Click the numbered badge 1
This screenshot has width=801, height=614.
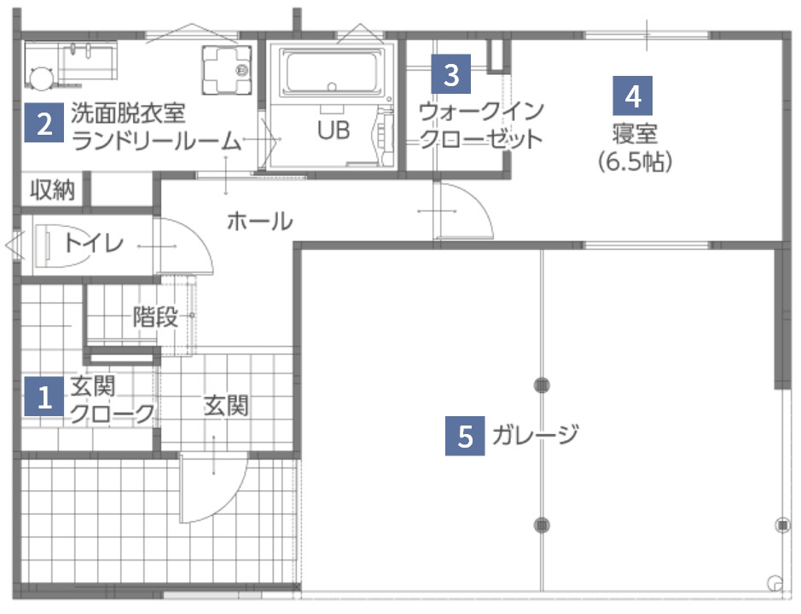tap(44, 396)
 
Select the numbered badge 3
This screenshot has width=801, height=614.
tap(450, 73)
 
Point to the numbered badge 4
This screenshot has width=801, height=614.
tap(632, 96)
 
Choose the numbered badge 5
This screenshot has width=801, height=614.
tap(466, 436)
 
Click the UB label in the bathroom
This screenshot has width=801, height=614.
tap(334, 132)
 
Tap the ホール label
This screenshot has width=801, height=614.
tap(259, 222)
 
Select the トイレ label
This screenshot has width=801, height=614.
tap(93, 244)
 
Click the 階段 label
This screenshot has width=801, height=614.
tap(155, 317)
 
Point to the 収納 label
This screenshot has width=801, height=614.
tap(53, 189)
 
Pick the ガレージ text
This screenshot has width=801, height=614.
tap(536, 435)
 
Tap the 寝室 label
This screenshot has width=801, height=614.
tap(633, 135)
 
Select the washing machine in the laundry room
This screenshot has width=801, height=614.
tap(227, 67)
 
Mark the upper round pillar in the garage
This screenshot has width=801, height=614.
tap(542, 385)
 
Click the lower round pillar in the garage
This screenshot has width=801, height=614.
tap(542, 524)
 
